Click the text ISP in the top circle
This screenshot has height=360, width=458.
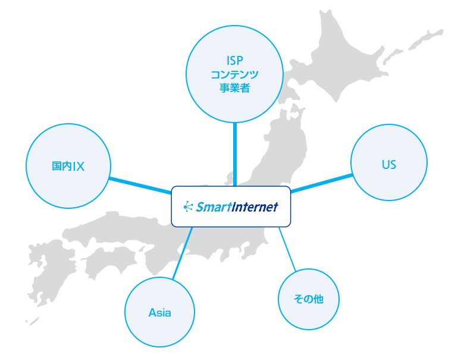pos(235,60)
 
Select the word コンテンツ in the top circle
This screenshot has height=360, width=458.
pos(235,75)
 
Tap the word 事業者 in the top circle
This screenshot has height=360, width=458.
pos(235,89)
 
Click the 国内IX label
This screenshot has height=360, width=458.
pos(68,167)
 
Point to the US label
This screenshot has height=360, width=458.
pos(389,165)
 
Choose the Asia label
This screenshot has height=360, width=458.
pos(159,313)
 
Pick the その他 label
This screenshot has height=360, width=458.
pos(309,299)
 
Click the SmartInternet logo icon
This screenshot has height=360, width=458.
pos(189,207)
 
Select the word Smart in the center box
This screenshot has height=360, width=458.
pos(212,207)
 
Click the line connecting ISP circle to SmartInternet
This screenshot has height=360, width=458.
pos(235,155)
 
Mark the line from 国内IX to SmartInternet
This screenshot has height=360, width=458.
pos(140,184)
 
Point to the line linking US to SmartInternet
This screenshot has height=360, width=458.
pos(321,183)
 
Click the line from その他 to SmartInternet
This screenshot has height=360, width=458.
pos(287,250)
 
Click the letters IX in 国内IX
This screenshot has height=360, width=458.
pos(78,167)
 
